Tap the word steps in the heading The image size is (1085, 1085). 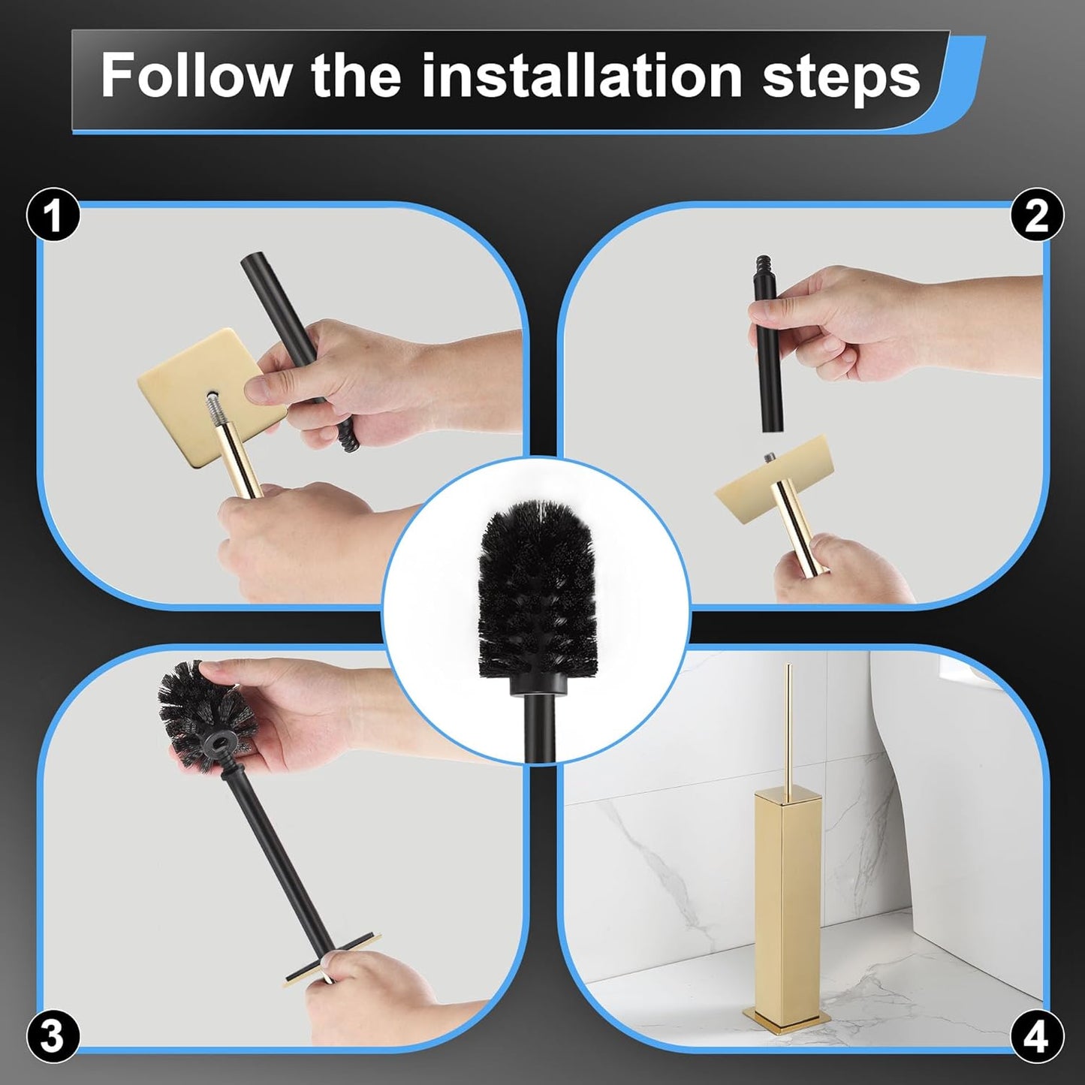tap(841, 77)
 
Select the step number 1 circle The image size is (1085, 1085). tap(53, 215)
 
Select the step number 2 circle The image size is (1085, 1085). tap(1036, 215)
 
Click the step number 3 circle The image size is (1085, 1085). tap(52, 1036)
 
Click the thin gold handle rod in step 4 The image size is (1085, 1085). tap(788, 721)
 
